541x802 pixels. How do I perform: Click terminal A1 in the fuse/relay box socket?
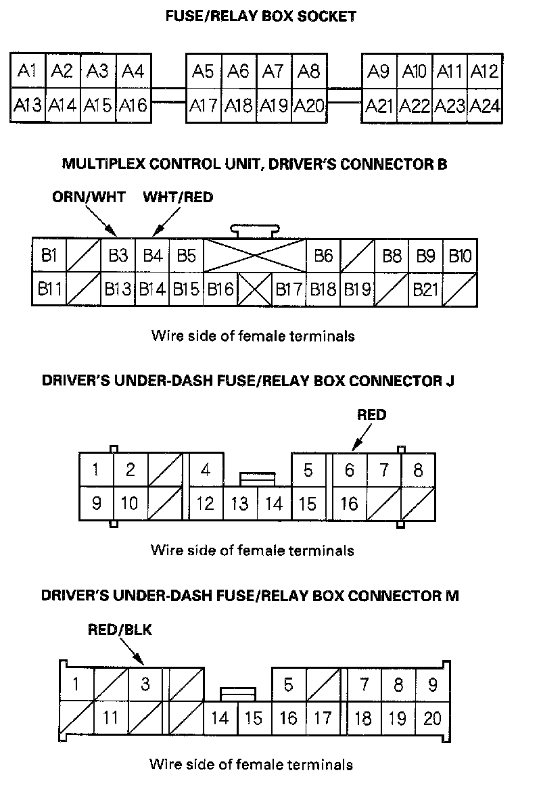27,70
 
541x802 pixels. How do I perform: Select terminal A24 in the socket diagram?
484,105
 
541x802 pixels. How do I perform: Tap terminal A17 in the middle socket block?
203,105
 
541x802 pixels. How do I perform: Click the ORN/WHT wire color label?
89,197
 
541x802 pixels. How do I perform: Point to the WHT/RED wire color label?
178,197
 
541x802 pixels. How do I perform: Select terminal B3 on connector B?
118,256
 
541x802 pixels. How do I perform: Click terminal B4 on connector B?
152,256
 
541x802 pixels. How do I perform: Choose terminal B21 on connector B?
426,290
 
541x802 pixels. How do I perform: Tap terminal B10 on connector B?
461,256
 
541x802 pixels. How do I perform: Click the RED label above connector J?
371,415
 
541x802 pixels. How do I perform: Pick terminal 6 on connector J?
349,469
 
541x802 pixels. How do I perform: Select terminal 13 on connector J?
239,504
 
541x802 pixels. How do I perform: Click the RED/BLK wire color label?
120,630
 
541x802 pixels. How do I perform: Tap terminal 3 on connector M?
145,684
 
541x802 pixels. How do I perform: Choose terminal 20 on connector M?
432,717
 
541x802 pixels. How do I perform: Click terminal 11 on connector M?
110,717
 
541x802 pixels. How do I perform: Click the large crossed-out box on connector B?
254,255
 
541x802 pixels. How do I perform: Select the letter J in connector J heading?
450,381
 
